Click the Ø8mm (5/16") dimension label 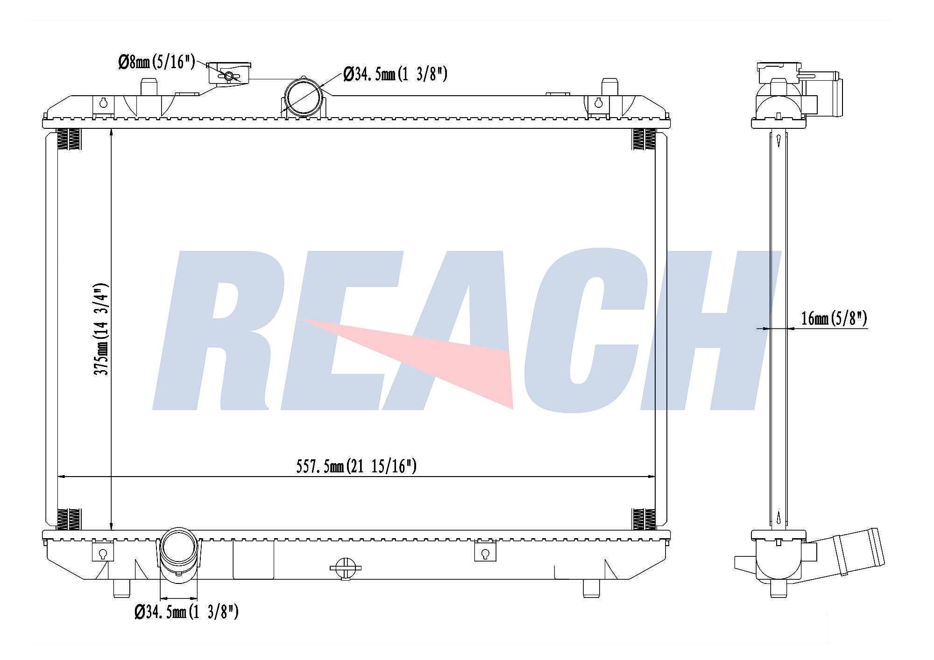(x=156, y=61)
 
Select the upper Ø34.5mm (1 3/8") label (x=395, y=73)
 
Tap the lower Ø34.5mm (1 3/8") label (x=186, y=611)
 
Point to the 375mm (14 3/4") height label (x=101, y=329)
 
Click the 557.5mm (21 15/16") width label (x=356, y=466)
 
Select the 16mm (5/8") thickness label (x=834, y=318)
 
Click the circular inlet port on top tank (x=304, y=98)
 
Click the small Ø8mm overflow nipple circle (x=229, y=76)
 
